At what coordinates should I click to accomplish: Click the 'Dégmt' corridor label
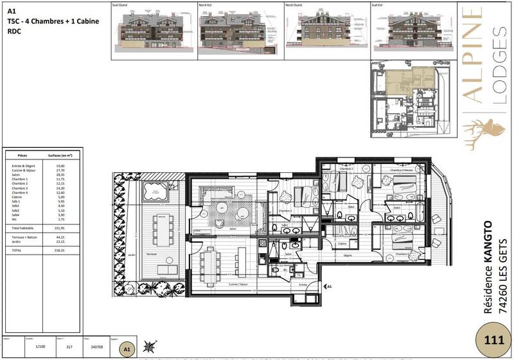[x=348, y=256]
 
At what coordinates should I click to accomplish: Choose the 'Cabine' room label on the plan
[x=343, y=244]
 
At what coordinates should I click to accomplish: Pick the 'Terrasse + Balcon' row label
[x=23, y=237]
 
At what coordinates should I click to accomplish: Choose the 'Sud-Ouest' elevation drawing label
[x=120, y=4]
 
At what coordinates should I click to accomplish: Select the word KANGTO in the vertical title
[x=488, y=245]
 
